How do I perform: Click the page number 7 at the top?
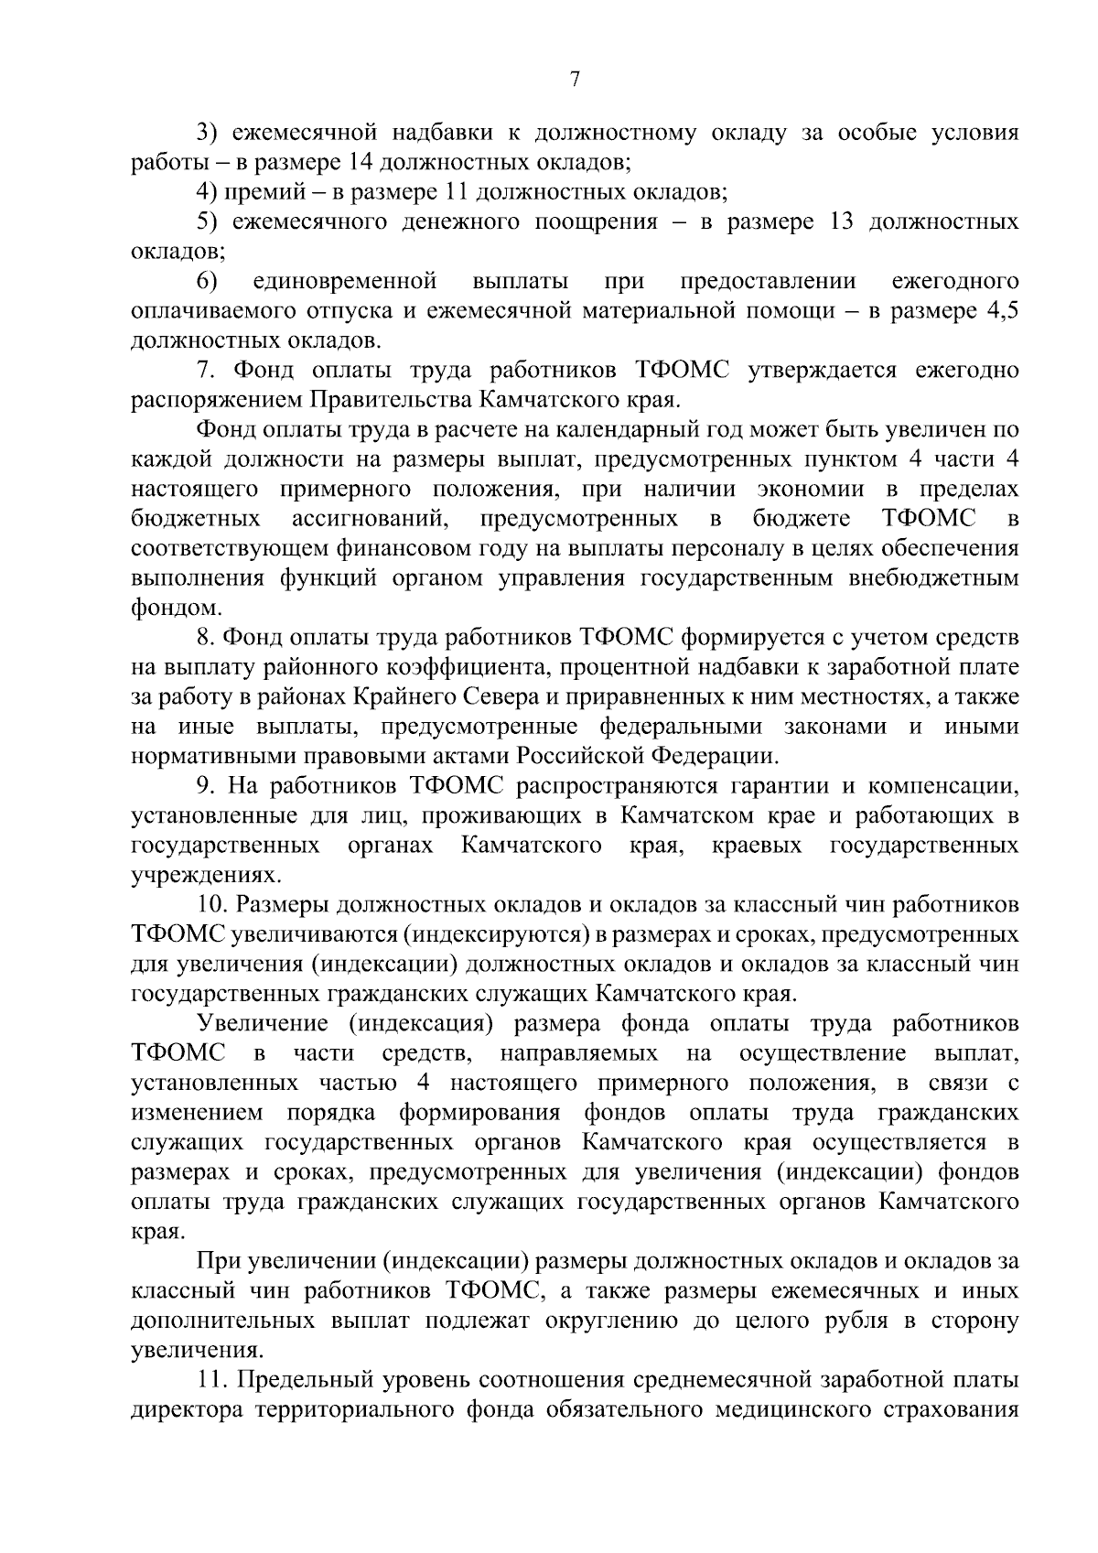point(575,80)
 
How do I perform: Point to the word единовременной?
point(345,281)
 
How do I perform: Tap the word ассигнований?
point(369,519)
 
